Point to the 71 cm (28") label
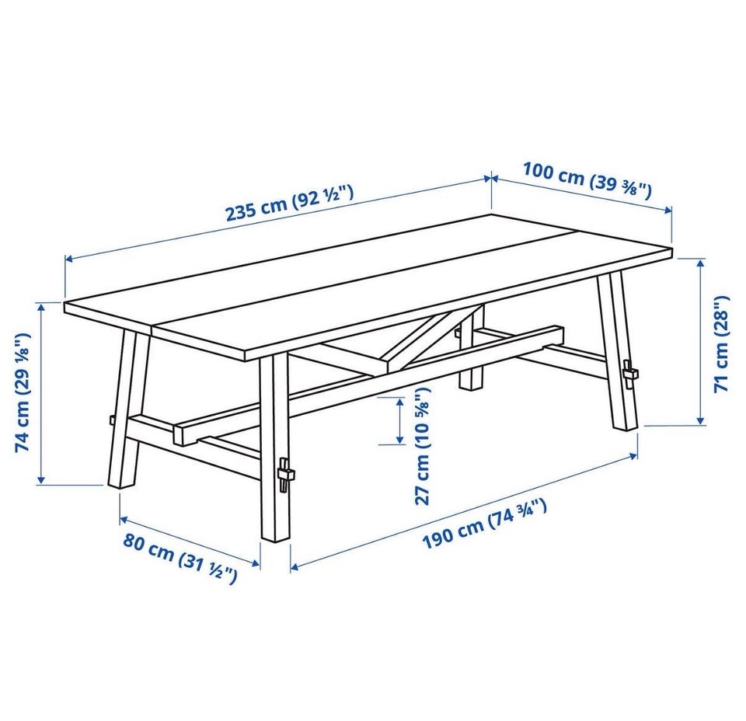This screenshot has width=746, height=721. (x=722, y=343)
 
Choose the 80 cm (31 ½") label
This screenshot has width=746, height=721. (x=180, y=557)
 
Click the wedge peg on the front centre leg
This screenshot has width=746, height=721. (x=285, y=475)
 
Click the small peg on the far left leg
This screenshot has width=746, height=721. (x=111, y=420)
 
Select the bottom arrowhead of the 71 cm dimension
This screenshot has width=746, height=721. (x=700, y=420)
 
